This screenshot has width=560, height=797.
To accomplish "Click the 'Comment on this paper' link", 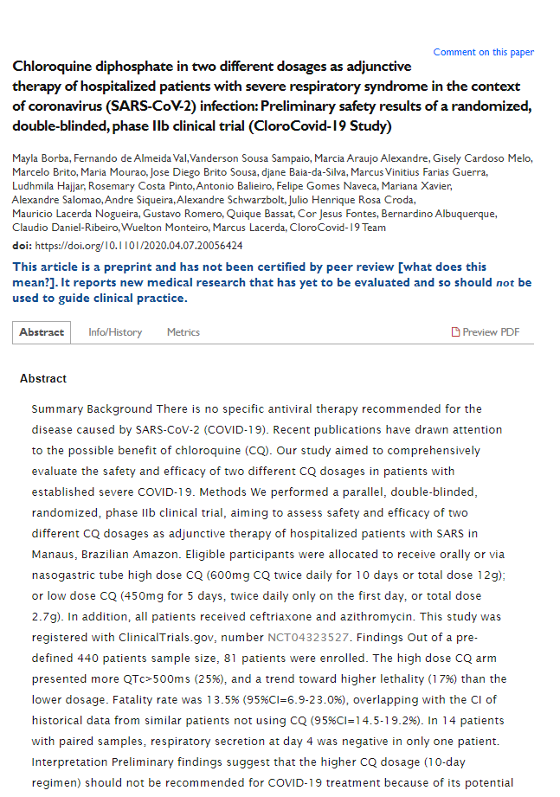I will [x=483, y=52].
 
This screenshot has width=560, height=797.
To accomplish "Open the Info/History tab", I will [x=115, y=332].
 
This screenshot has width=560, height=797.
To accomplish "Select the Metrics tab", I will [x=183, y=332].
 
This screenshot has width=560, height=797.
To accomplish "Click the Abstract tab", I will [x=42, y=332].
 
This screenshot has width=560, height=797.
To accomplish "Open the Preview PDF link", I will [x=491, y=332].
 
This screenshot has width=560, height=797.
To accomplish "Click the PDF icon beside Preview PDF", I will [x=456, y=332].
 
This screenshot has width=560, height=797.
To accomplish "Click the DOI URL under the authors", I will [x=138, y=246].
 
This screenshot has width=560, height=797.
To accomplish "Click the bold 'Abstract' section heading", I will [x=43, y=378].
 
